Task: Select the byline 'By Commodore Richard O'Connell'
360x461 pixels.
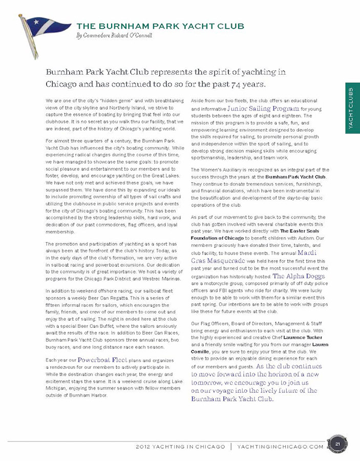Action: point(114,35)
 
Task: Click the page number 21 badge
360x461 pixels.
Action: point(338,444)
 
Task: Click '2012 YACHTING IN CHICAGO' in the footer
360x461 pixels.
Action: point(180,446)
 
